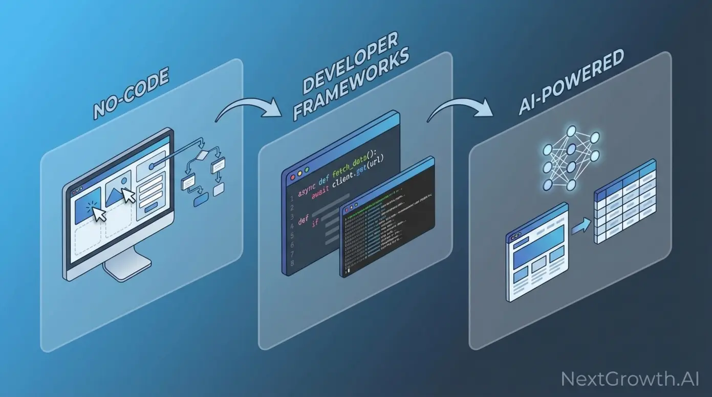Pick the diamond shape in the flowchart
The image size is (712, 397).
(x=203, y=155)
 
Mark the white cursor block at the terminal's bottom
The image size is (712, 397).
(x=348, y=270)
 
